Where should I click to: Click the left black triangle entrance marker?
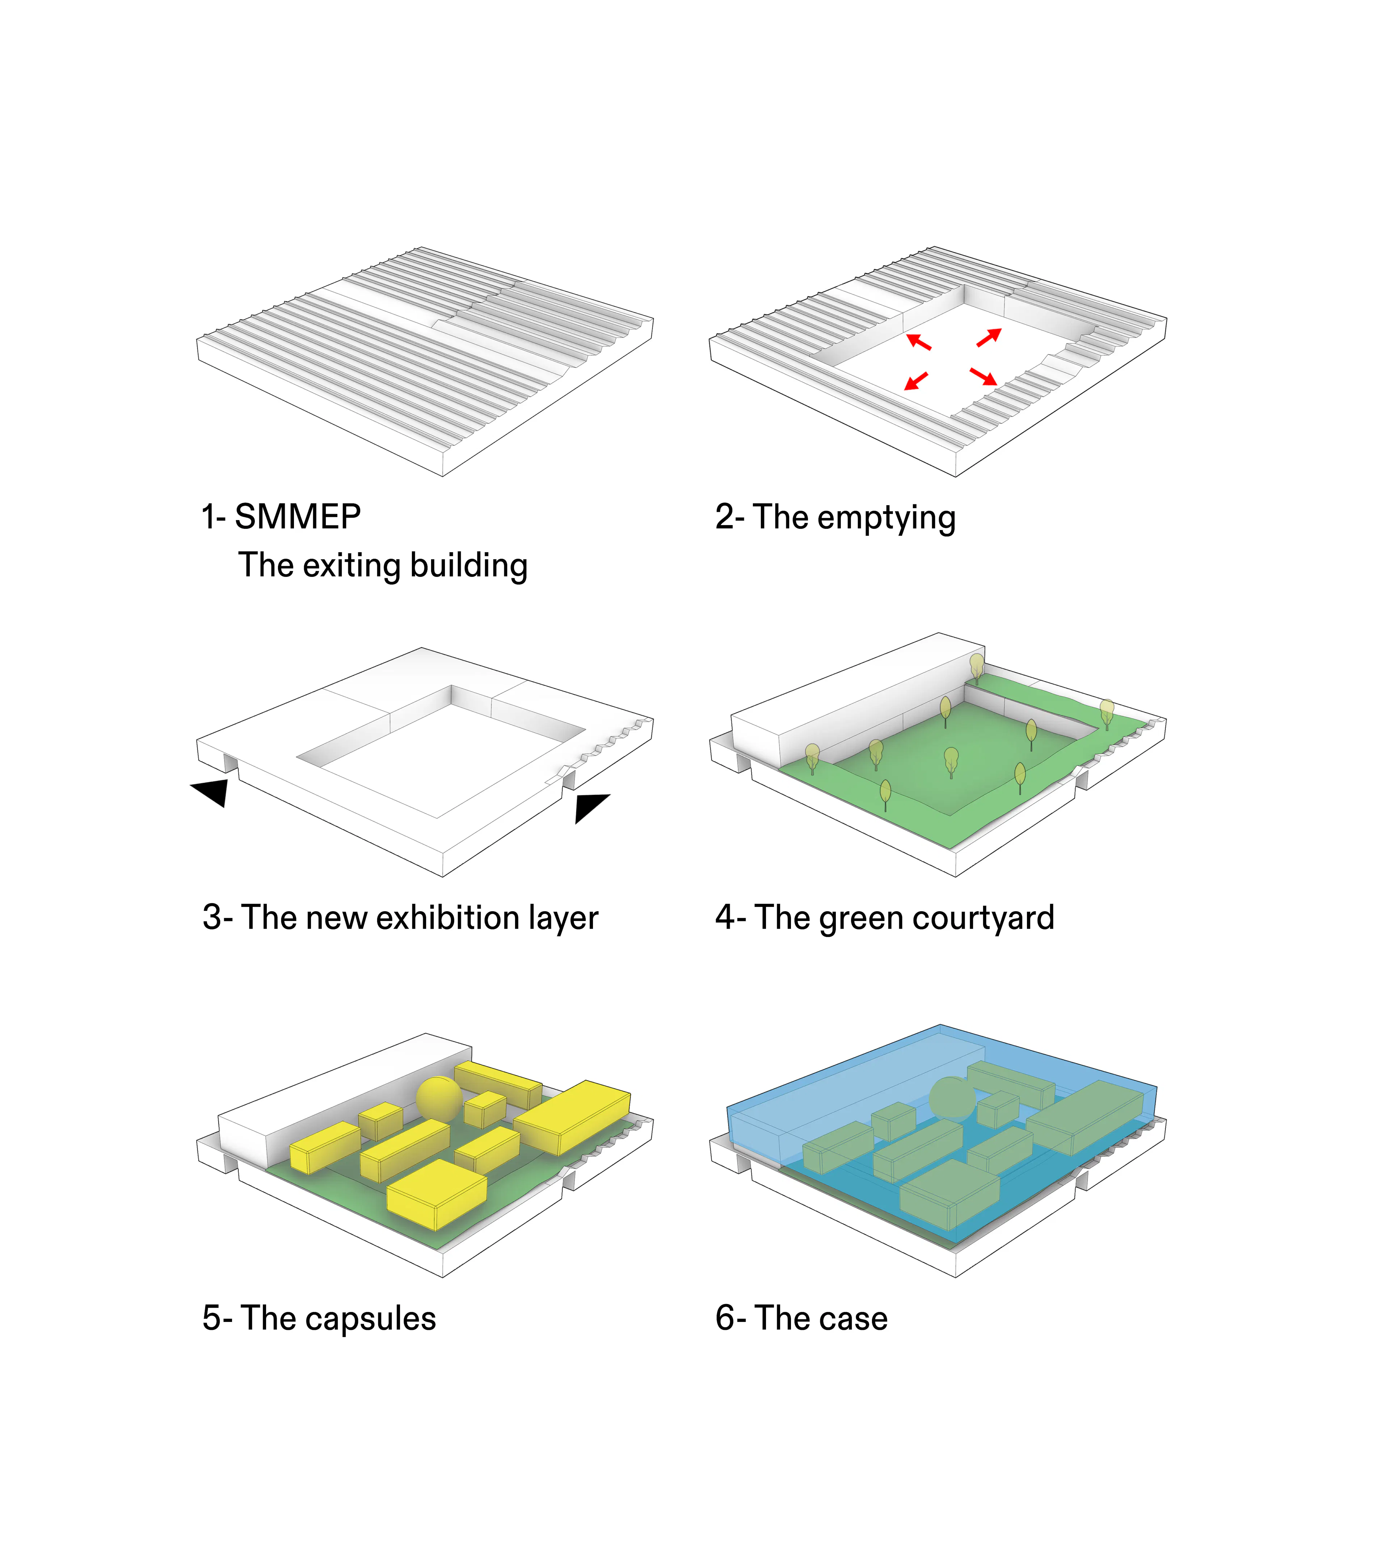[x=211, y=792]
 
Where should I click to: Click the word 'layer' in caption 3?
[x=566, y=919]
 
